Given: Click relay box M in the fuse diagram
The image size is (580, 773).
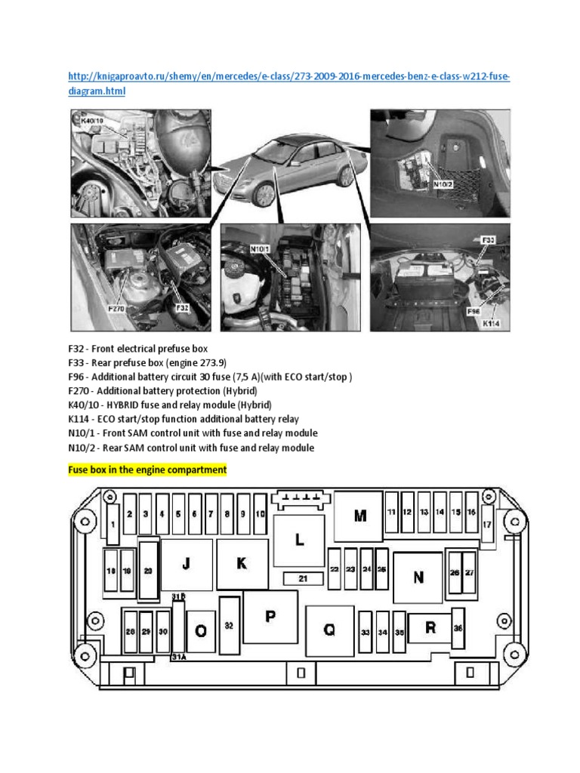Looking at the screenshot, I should [x=359, y=516].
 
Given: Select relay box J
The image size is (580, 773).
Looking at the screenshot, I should [x=187, y=564].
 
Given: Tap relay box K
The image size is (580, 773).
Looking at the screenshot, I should [x=242, y=564].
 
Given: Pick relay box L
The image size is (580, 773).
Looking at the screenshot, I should [x=299, y=540].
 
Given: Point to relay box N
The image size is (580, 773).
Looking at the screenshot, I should [x=418, y=577].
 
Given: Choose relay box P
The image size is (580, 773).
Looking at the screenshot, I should [x=270, y=616].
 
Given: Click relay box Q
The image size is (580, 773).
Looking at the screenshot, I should [x=329, y=630].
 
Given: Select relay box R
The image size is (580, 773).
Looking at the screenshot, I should [x=430, y=627].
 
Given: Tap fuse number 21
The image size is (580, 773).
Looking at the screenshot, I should [x=303, y=578].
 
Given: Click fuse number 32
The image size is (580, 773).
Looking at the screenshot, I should [x=229, y=626].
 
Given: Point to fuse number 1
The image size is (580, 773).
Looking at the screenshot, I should [x=113, y=525].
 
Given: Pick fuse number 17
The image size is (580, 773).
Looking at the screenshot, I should [x=486, y=524].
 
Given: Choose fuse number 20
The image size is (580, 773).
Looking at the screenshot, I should [x=148, y=571].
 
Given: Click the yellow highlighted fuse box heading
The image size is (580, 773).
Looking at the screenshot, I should [x=147, y=470].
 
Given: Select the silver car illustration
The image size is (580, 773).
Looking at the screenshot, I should [x=291, y=167].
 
